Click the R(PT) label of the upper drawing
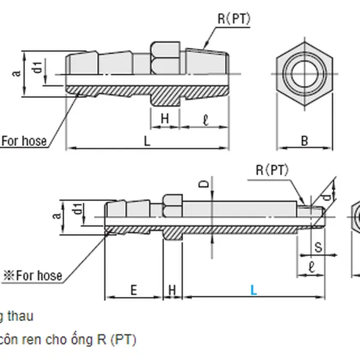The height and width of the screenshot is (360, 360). coord(233,18)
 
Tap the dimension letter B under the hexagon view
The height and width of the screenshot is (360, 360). coord(304,141)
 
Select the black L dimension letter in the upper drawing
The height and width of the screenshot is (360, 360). coord(147,140)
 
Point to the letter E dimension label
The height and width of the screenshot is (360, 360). coord(134,290)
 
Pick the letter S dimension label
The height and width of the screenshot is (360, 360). coord(318,247)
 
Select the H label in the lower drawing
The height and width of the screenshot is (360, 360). coord(172,290)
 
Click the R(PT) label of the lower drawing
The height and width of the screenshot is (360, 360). coord(272,170)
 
